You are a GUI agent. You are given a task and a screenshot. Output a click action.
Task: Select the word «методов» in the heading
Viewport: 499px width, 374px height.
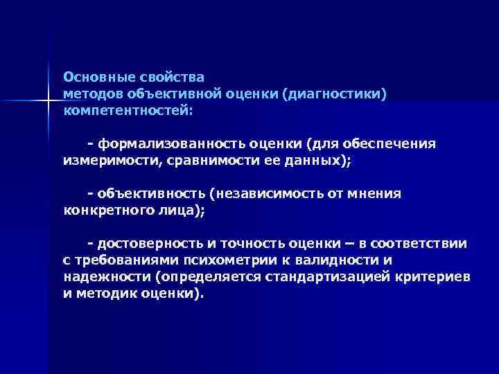click(x=93, y=93)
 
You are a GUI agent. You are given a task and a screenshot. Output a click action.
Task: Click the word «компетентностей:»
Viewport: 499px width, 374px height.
click(x=128, y=109)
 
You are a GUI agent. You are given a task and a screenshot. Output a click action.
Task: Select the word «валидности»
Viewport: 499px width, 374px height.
click(x=332, y=260)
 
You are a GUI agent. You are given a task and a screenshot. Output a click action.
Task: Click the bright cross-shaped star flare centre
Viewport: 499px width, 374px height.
click(x=49, y=102)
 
